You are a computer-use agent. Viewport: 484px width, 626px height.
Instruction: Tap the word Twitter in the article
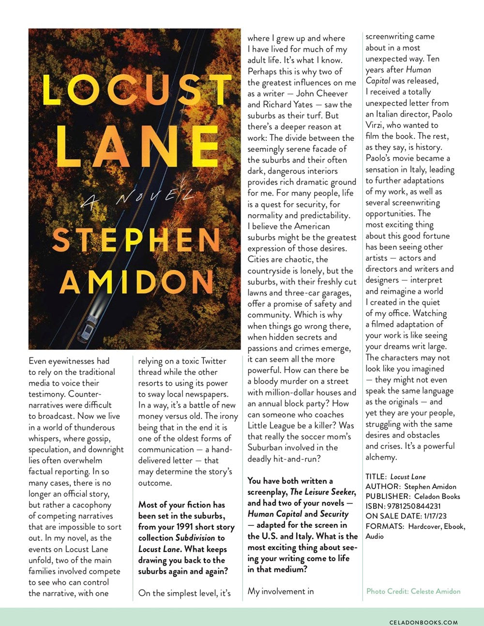213,361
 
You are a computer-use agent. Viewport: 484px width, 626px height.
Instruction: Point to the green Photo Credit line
413,591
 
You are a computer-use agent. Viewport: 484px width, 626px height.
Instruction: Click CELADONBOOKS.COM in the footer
423,623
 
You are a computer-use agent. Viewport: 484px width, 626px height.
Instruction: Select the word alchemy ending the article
380,457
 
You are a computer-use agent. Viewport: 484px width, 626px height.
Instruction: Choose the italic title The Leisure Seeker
322,492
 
